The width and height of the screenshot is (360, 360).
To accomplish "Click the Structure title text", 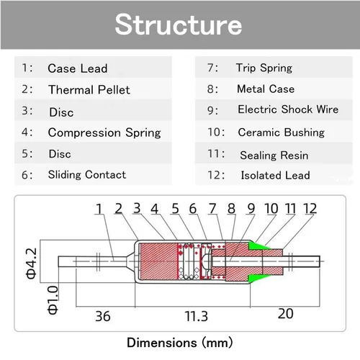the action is tap(179, 24).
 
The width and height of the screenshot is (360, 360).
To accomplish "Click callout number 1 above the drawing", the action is tap(99, 209).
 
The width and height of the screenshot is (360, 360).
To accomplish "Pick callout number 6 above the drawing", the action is tap(193, 209).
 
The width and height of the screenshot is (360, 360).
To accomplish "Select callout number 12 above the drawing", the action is tap(310, 209).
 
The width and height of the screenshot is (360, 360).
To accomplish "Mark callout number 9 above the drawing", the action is tap(251, 209).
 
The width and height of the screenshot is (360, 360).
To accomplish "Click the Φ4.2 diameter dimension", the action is tap(31, 264).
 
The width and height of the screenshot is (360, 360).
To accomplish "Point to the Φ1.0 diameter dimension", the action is tap(53, 300).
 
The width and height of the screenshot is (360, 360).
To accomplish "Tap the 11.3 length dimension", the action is tap(196, 316).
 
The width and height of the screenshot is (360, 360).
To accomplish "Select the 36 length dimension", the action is tap(103, 316).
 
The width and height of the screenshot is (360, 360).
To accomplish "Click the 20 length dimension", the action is tap(286, 314).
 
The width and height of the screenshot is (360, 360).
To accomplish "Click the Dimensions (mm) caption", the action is tap(180, 343).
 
